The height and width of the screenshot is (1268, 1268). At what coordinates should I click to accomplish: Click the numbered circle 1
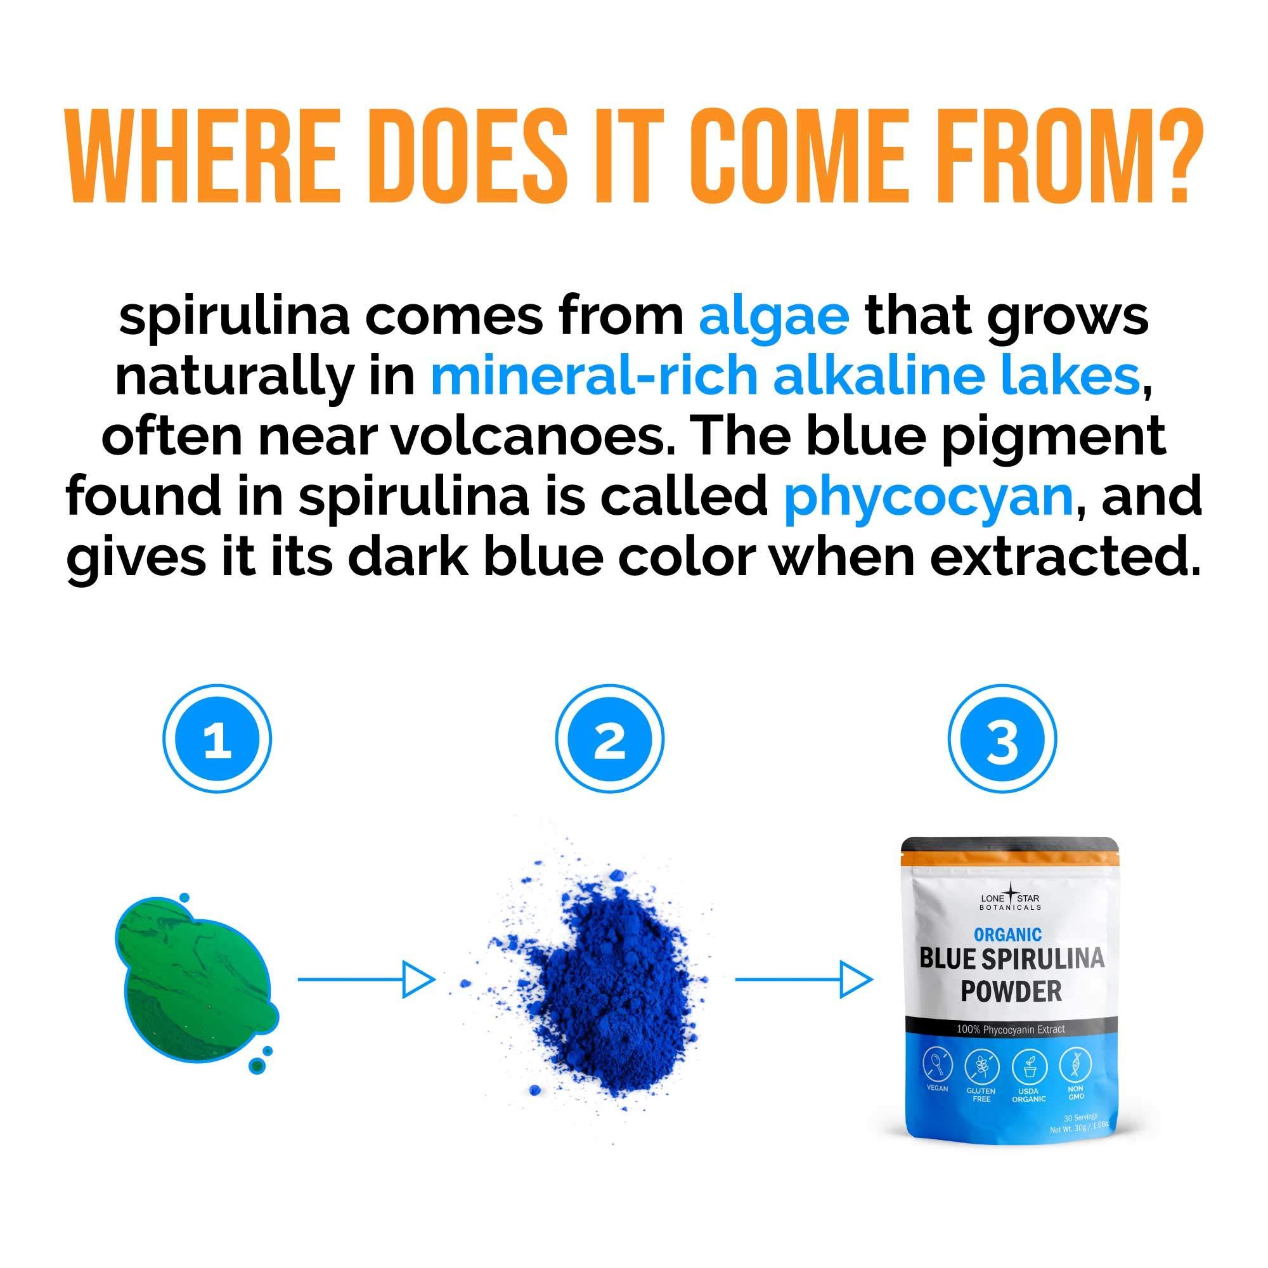tap(217, 739)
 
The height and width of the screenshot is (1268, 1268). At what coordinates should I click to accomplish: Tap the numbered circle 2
tap(610, 739)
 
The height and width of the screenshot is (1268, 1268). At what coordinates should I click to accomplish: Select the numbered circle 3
tap(1002, 739)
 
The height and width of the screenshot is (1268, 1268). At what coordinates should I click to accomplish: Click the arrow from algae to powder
tap(366, 980)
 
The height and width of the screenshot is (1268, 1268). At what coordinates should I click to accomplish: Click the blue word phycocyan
tap(928, 497)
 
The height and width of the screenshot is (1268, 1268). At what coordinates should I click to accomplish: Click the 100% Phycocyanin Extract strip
tap(1010, 1029)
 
